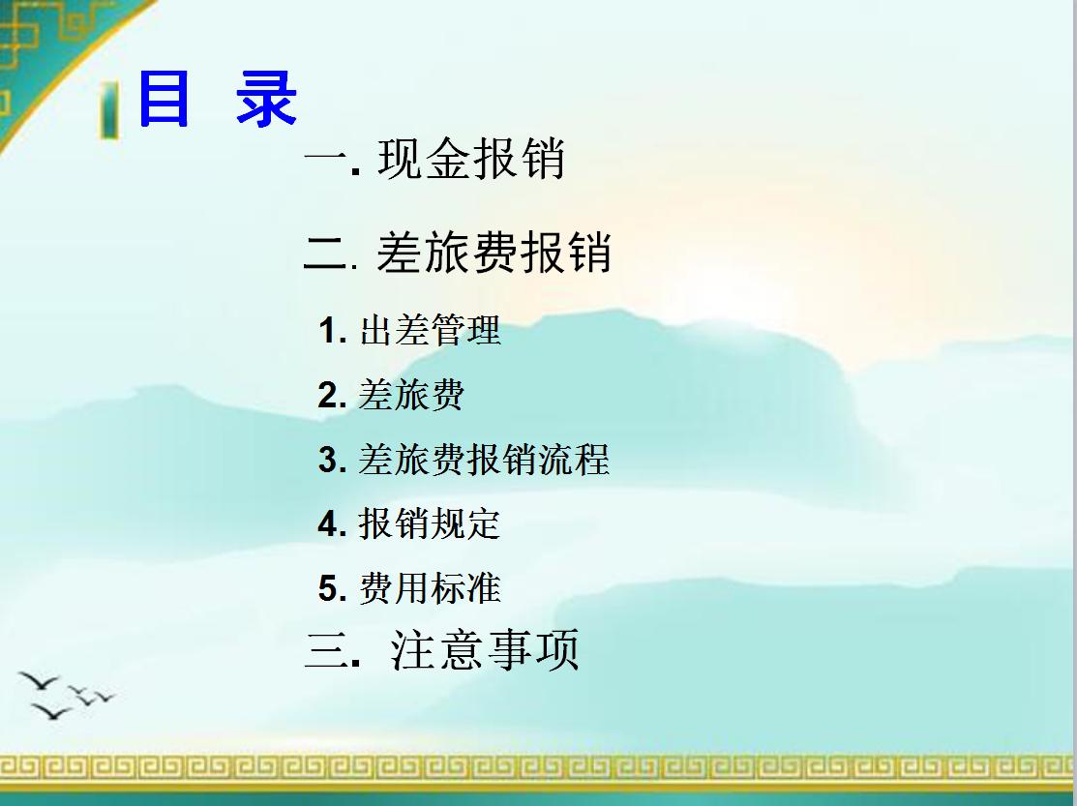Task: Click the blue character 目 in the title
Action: click(x=165, y=99)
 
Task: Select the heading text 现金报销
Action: click(x=471, y=160)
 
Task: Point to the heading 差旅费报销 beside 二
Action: click(x=494, y=254)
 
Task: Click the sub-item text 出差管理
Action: click(x=430, y=331)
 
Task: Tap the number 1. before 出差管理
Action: click(x=332, y=332)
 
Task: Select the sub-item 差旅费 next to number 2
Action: click(x=411, y=395)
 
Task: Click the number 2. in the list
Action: click(x=332, y=396)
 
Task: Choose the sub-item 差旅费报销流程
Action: click(x=484, y=460)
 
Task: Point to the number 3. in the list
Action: click(x=332, y=461)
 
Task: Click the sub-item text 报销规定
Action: click(x=430, y=523)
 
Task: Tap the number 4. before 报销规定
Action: click(x=332, y=524)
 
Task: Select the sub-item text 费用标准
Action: click(x=430, y=588)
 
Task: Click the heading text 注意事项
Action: click(x=485, y=649)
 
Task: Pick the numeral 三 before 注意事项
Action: click(x=326, y=650)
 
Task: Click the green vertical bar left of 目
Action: click(x=109, y=110)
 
